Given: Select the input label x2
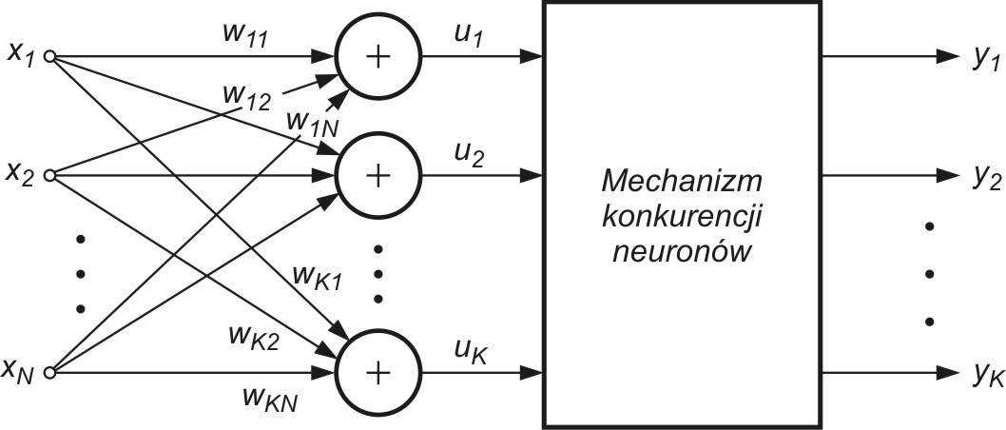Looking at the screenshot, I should (22, 176).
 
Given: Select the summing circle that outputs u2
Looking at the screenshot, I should (377, 176).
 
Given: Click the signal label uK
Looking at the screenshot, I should (470, 353).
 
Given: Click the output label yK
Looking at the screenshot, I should (985, 378).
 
